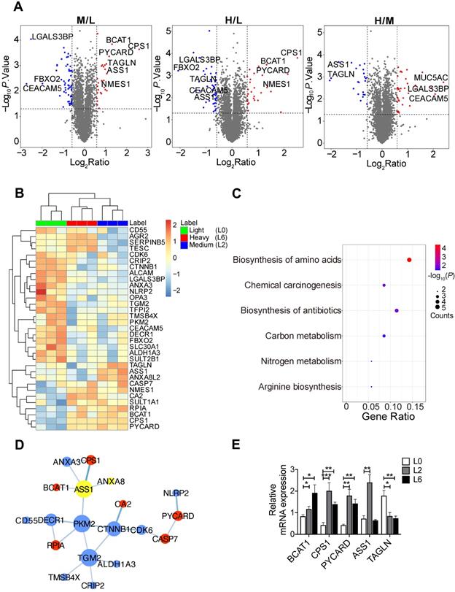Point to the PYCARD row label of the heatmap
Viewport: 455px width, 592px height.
tap(152, 425)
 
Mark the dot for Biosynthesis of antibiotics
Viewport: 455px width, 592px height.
tap(396, 310)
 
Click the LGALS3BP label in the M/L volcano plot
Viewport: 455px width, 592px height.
tap(52, 36)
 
